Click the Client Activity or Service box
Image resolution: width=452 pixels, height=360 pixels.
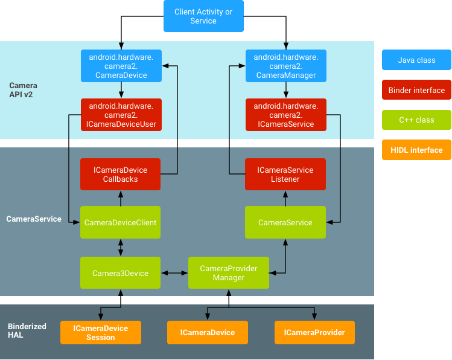click(x=203, y=16)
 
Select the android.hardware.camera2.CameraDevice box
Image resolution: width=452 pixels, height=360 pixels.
click(x=121, y=66)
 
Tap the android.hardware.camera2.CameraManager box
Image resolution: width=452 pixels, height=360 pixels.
click(x=285, y=66)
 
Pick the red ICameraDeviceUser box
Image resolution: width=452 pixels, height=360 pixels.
click(x=121, y=115)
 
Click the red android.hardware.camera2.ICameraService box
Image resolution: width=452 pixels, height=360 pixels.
click(x=285, y=115)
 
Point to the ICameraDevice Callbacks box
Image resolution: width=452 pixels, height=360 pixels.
click(x=121, y=175)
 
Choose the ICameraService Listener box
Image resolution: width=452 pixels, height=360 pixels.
click(x=285, y=175)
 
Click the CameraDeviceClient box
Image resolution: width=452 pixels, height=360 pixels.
click(x=121, y=222)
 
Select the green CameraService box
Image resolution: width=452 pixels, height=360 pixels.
click(x=285, y=222)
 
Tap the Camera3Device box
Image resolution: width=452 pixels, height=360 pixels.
click(x=121, y=273)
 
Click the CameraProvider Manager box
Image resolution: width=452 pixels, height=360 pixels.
click(x=228, y=273)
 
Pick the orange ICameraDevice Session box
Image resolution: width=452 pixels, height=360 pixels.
click(x=100, y=333)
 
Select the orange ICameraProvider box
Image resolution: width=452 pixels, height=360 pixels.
click(x=314, y=333)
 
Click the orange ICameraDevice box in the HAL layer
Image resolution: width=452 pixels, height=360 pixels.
click(x=208, y=333)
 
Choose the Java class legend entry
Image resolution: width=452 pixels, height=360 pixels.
click(x=416, y=60)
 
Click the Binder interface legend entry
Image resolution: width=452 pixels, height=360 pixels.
click(x=416, y=91)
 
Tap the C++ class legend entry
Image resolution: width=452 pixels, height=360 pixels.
click(x=416, y=120)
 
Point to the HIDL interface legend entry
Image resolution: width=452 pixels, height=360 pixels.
click(x=416, y=150)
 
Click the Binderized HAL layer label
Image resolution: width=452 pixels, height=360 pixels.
click(x=27, y=330)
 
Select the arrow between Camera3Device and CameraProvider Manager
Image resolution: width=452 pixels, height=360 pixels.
click(x=175, y=273)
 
